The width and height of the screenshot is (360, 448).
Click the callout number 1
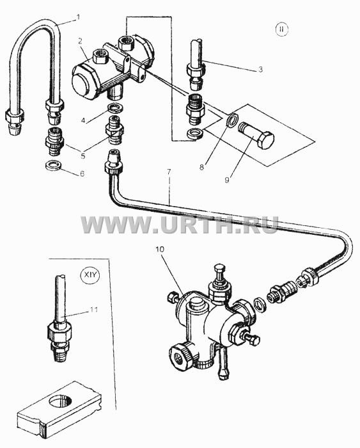point(77,17)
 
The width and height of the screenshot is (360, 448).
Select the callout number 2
point(80,42)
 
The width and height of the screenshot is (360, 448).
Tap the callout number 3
point(260,69)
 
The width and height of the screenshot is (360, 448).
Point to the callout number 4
point(83,120)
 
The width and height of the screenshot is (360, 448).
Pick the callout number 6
point(82,173)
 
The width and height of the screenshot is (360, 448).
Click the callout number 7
point(169,172)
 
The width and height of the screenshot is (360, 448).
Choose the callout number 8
point(201,167)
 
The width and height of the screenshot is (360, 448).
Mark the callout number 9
point(226,180)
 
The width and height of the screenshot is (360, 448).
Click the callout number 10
point(160,249)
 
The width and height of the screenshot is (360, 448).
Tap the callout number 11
point(93,309)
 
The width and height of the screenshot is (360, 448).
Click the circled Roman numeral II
point(282,29)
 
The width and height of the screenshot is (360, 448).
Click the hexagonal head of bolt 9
point(265,140)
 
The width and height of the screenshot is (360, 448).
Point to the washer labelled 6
point(54,165)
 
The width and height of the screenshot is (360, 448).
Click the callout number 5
point(82,156)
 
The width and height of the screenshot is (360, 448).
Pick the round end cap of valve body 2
point(82,83)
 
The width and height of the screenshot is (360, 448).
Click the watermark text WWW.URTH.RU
point(180,225)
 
